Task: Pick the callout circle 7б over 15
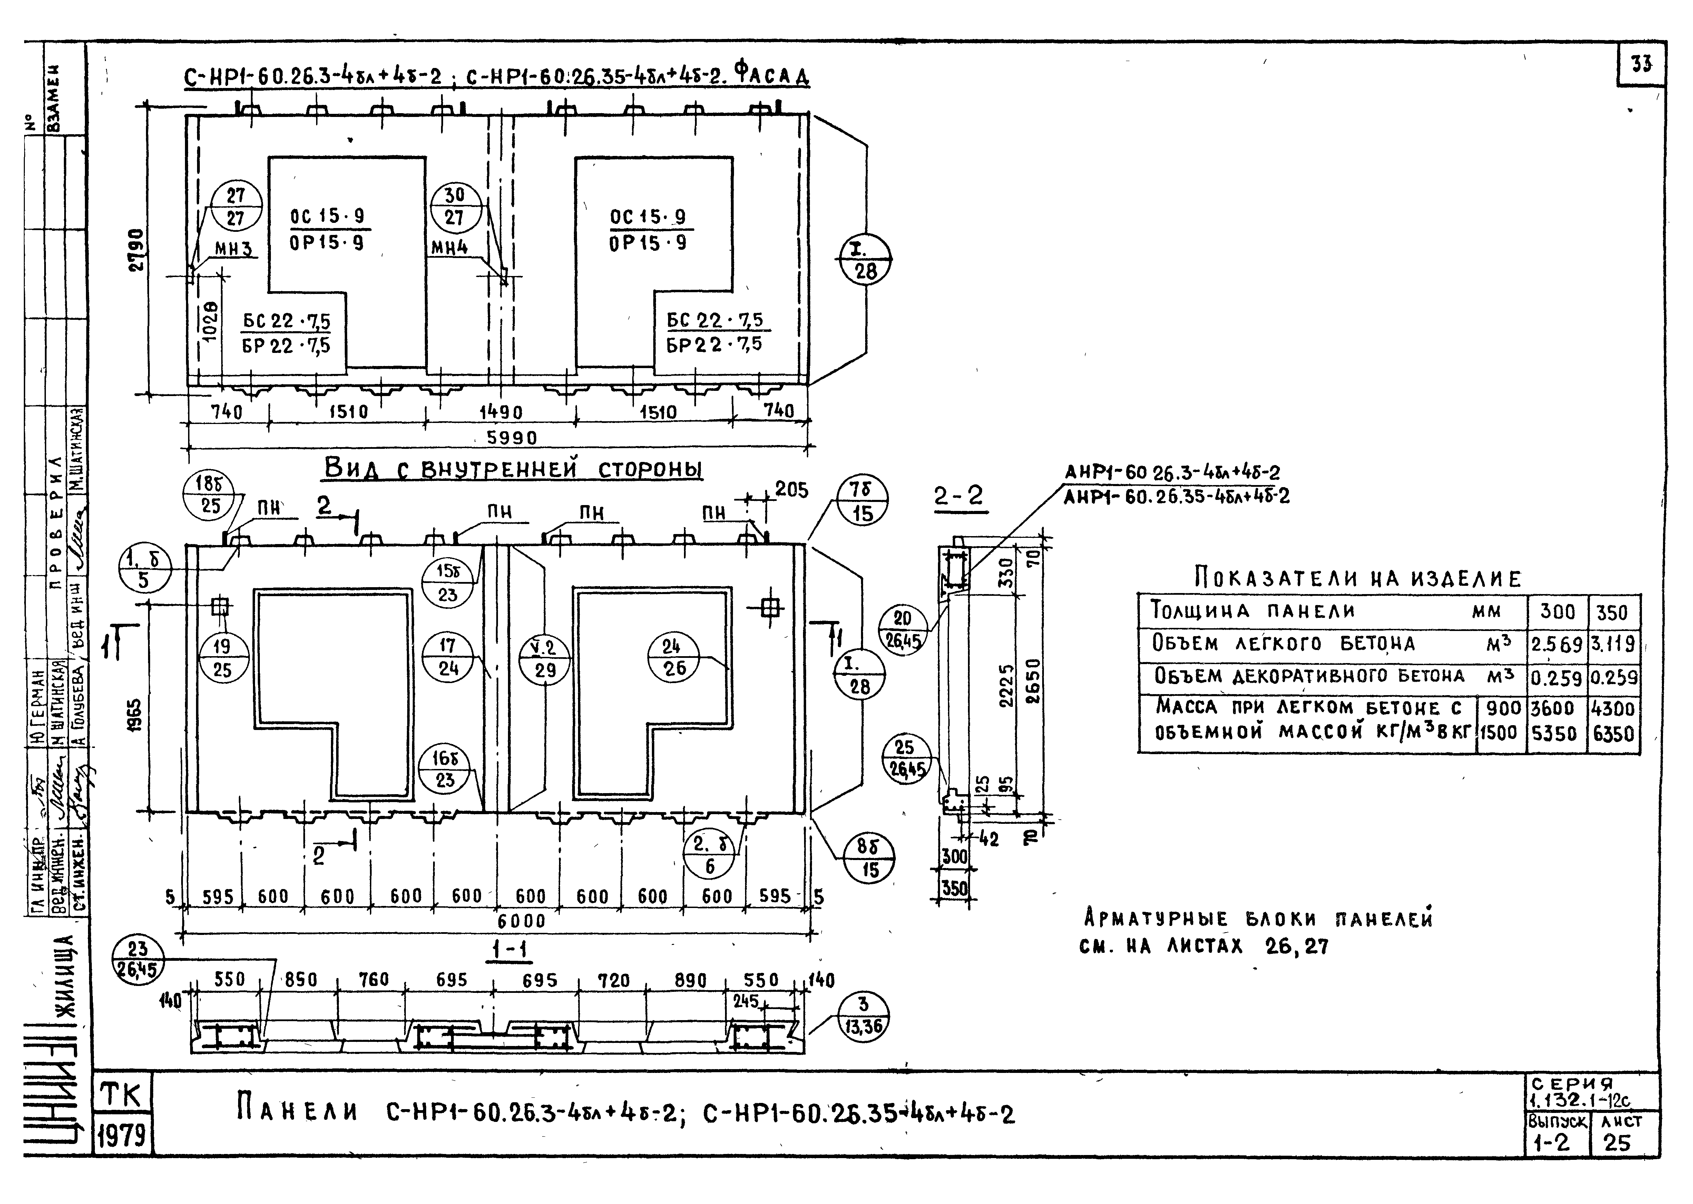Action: [x=862, y=503]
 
